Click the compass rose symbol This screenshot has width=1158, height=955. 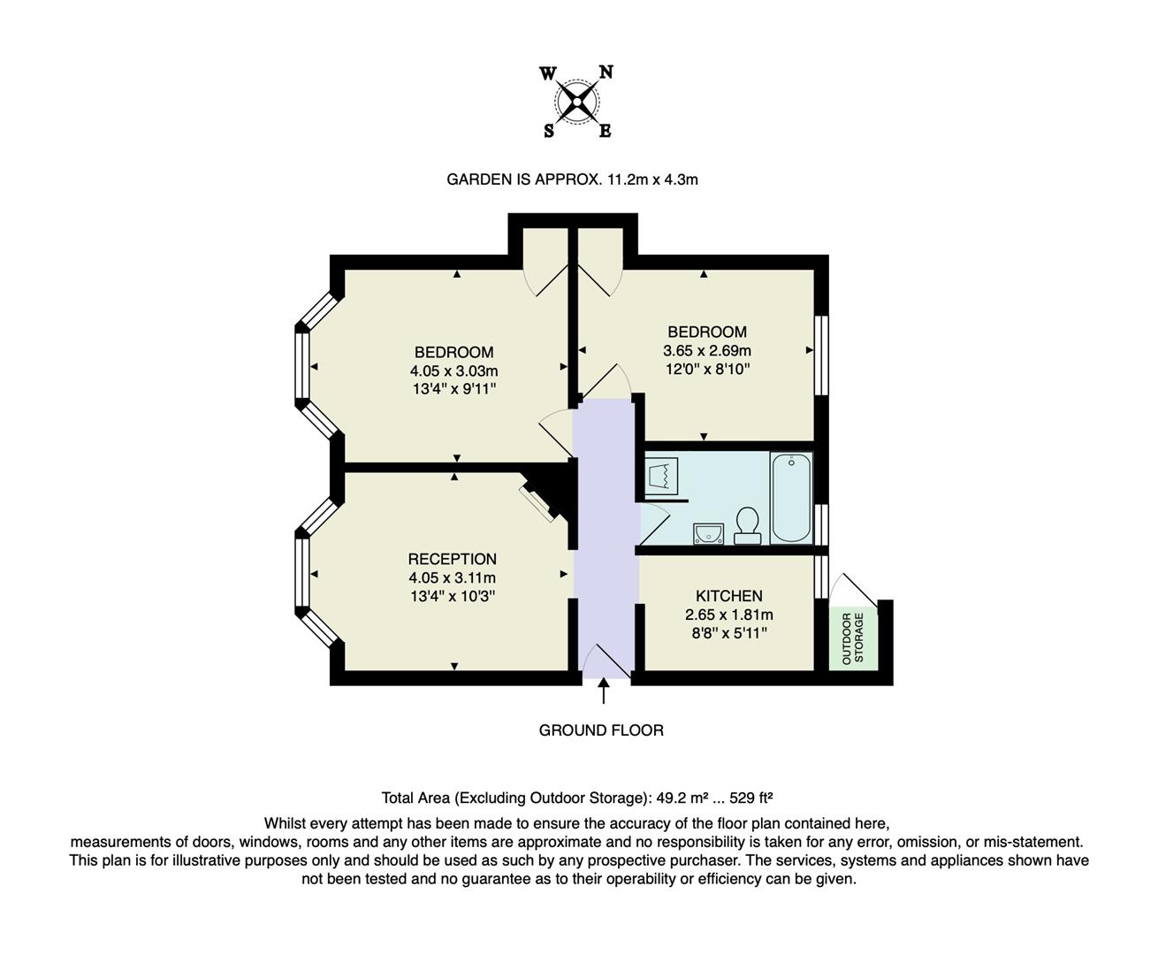tap(577, 103)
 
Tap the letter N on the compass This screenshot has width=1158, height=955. tap(606, 73)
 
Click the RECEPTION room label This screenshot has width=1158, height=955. tap(452, 559)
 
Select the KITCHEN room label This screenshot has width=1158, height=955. tap(728, 596)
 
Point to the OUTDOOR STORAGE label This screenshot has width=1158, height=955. tap(853, 638)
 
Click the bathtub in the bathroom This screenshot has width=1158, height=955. tap(790, 498)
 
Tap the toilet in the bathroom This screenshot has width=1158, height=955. tap(748, 524)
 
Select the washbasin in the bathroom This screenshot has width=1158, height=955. tap(708, 532)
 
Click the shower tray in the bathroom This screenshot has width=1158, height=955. tap(662, 476)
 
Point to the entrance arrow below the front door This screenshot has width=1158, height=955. tap(604, 691)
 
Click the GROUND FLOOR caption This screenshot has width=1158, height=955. tap(601, 730)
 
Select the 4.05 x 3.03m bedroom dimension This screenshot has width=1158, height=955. tap(453, 371)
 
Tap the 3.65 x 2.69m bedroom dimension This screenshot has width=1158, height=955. tap(707, 350)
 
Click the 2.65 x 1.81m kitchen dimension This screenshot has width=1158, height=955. tap(728, 615)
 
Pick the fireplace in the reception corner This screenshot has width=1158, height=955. tap(540, 500)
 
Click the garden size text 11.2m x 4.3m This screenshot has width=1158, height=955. tap(652, 180)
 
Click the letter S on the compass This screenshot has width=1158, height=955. tap(549, 132)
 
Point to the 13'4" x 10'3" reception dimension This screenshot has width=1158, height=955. tap(452, 596)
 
